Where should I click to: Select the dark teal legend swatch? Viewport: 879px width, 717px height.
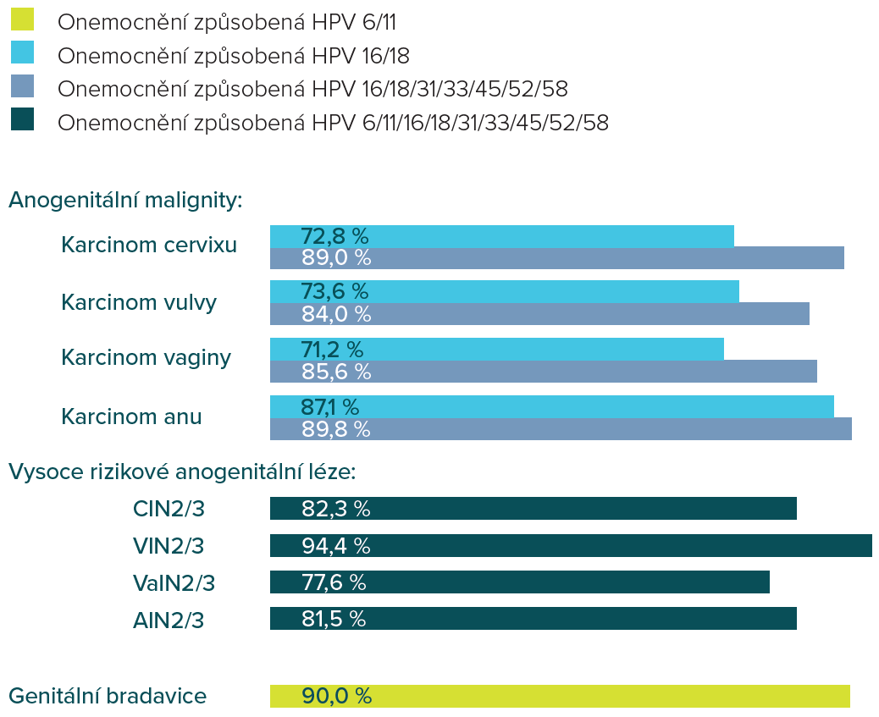coord(23,119)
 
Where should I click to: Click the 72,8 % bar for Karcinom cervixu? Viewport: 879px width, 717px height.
coord(501,236)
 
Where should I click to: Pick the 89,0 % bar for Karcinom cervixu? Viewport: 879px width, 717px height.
coord(556,258)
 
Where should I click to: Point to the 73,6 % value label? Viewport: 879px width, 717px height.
coord(334,292)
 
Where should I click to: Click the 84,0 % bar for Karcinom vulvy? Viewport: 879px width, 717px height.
coord(539,314)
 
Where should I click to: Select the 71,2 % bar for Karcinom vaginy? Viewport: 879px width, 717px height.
coord(496,349)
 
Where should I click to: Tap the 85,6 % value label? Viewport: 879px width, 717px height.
coord(336,371)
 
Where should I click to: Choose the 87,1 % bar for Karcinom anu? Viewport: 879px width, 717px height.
coord(551,406)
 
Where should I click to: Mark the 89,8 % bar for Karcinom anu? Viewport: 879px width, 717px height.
coord(561,428)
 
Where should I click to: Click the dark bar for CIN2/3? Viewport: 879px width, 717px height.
coord(533,509)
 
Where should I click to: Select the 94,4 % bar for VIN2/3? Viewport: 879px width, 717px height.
coord(571,546)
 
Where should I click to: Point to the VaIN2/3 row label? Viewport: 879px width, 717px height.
coord(174,583)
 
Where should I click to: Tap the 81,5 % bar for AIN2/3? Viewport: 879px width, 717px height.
coord(533,619)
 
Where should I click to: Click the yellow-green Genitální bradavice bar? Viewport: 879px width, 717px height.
coord(560,696)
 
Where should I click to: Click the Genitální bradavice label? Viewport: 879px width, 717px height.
coord(108,697)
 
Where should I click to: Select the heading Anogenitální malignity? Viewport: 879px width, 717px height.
coord(126,201)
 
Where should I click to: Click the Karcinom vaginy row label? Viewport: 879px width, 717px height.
coord(146,358)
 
